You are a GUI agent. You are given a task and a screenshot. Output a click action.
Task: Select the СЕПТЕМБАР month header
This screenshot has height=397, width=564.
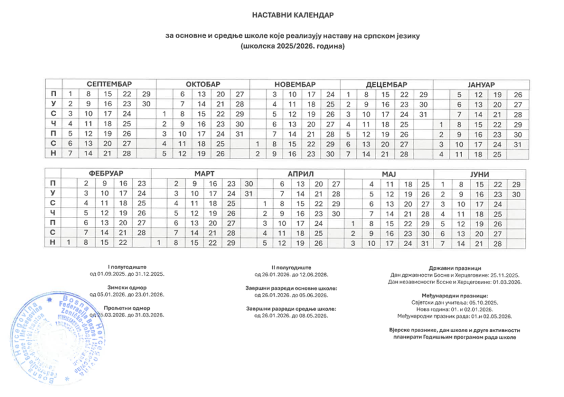(109, 84)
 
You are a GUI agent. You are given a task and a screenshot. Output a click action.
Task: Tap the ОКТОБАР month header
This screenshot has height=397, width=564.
(203, 84)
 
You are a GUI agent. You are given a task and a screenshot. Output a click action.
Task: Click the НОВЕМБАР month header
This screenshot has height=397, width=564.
(295, 84)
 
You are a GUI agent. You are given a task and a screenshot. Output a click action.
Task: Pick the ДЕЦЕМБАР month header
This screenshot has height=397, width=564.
(387, 84)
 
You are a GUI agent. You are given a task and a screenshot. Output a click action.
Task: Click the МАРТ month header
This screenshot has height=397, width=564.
(204, 173)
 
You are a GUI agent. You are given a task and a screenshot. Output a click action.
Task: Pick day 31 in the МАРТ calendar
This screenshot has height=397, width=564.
(248, 194)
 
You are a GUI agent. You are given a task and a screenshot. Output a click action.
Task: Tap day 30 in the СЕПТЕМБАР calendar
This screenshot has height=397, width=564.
(146, 104)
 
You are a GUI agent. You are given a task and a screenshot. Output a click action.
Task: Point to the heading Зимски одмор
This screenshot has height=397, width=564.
(127, 287)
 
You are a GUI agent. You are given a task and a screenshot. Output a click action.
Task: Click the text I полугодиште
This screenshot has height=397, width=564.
(127, 266)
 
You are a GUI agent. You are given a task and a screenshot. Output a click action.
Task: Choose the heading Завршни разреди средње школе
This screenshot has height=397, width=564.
(291, 308)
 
